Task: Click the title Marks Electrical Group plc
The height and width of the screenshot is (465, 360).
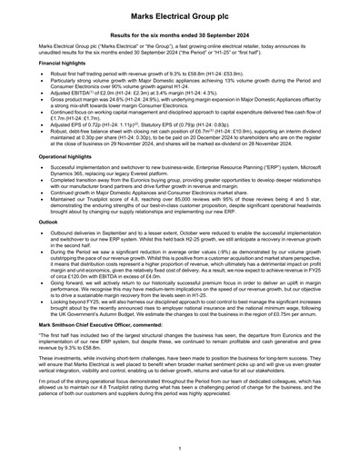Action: tap(179, 17)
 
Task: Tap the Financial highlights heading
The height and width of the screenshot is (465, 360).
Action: tap(63, 63)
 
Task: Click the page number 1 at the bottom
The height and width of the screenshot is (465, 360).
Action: tap(180, 449)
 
